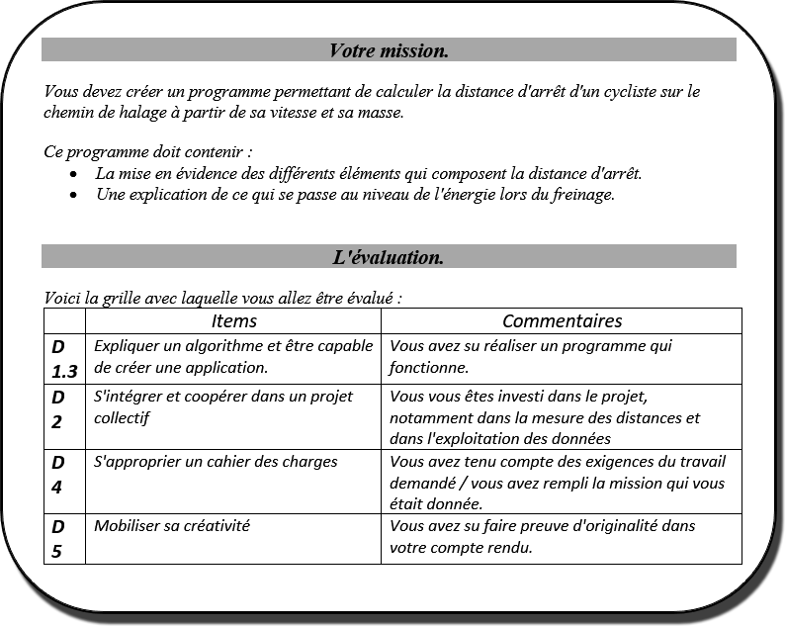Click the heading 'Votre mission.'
coord(389,49)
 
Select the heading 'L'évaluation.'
coord(389,257)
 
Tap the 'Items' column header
coord(233,320)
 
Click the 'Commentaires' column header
coord(562,320)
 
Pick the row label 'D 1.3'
coord(64,358)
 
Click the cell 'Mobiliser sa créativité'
coord(172,526)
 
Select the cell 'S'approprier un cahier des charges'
coord(216,462)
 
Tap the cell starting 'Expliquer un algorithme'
coord(233,356)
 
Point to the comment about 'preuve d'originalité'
coord(543,536)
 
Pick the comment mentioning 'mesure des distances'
coord(545,417)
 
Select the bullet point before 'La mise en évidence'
coord(75,174)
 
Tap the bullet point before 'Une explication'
coord(75,195)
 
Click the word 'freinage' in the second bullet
coord(580,194)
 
